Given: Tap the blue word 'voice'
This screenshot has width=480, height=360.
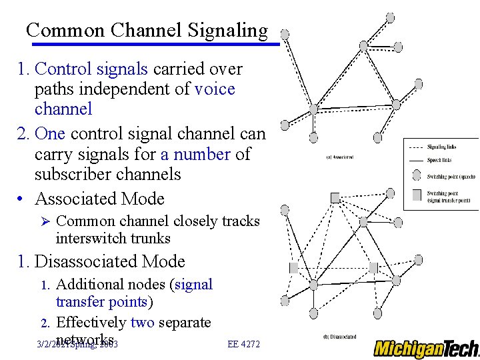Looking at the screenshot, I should [x=215, y=89].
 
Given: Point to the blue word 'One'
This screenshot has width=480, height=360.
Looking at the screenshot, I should [x=49, y=134].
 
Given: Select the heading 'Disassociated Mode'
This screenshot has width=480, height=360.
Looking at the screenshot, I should [x=109, y=261].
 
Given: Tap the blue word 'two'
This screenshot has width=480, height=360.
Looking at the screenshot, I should [x=142, y=323].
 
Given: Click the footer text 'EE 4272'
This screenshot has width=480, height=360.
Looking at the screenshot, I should [x=243, y=344].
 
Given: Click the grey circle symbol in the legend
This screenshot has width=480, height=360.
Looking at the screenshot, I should [x=416, y=176].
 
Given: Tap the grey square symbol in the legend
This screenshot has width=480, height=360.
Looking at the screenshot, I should [x=416, y=195].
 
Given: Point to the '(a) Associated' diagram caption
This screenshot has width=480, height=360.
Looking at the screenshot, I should [x=339, y=157].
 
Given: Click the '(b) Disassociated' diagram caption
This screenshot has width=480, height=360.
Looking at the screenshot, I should [x=339, y=337].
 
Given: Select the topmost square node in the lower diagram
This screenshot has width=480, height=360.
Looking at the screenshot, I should [x=335, y=197].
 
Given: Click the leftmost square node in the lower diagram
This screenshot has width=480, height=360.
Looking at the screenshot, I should [x=293, y=267].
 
